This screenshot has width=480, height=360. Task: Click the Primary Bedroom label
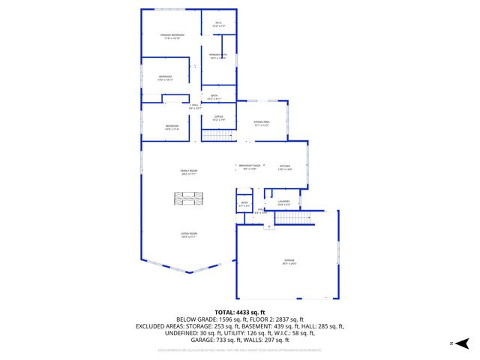point(172,36)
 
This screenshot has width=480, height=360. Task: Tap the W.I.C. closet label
point(219,24)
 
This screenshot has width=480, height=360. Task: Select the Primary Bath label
point(217,56)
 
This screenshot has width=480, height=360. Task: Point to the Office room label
point(218,118)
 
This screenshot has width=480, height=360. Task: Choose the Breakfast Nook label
point(250,166)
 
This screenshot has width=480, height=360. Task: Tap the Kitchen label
point(285,167)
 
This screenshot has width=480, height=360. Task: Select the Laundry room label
point(283,202)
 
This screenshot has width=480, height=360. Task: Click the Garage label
point(289,262)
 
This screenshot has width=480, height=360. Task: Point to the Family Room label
point(189,172)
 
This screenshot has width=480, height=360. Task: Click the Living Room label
point(189,235)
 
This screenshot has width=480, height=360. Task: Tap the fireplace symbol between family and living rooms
point(189,199)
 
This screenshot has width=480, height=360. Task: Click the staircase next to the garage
point(294,218)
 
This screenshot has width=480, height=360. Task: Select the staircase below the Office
point(218,136)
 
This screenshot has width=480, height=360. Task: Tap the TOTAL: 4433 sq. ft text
point(240,311)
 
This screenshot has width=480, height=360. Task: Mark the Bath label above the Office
point(214,97)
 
